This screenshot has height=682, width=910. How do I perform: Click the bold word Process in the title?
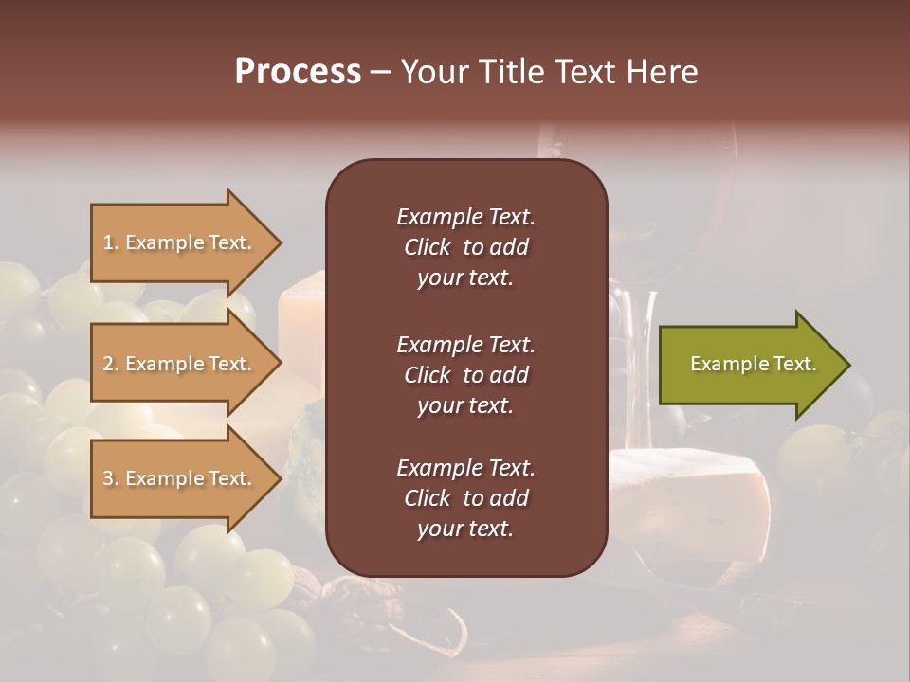[298, 72]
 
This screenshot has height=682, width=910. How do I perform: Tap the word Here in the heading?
[661, 72]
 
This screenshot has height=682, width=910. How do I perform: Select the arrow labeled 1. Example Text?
[178, 242]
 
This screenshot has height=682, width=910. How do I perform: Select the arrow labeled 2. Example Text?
[178, 364]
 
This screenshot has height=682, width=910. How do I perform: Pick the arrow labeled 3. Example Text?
[178, 478]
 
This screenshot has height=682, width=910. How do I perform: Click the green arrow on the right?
[749, 365]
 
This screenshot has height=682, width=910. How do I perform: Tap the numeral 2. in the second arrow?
[110, 364]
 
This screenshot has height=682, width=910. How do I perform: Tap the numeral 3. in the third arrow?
[110, 478]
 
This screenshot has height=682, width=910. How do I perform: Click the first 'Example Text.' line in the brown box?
[465, 217]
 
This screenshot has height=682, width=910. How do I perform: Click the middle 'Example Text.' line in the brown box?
[465, 344]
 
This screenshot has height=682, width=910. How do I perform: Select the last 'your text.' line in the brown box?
[465, 529]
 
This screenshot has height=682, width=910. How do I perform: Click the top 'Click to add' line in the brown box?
[465, 247]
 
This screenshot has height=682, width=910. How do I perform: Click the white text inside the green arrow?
[754, 364]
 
